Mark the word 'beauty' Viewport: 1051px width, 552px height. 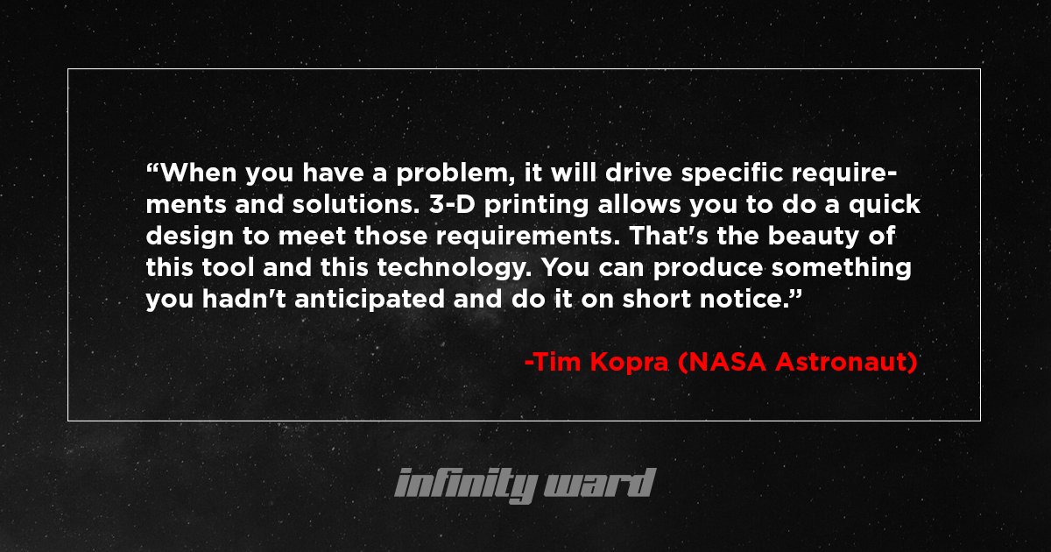tap(808, 237)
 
